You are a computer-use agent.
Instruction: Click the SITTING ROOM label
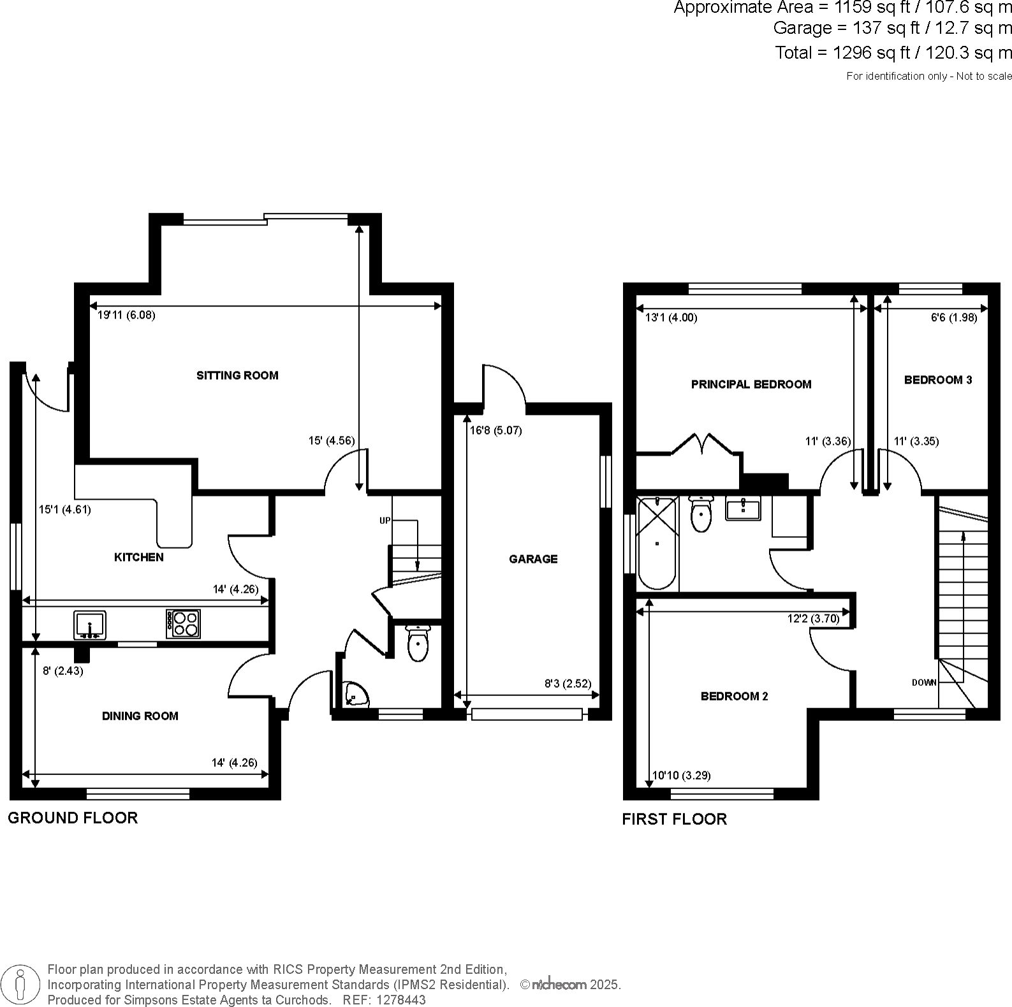(237, 375)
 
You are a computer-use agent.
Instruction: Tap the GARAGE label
(533, 559)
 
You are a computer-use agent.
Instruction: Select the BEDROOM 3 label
(938, 380)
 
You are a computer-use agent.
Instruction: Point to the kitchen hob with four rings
(184, 624)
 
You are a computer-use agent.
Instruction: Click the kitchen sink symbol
(90, 625)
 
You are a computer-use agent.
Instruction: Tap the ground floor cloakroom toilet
(418, 644)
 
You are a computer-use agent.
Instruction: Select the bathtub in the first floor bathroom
(657, 543)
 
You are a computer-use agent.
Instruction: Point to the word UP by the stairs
(385, 521)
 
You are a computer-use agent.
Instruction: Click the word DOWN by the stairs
(924, 683)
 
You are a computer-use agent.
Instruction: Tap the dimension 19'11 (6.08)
(126, 315)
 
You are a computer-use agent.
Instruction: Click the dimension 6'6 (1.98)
(953, 318)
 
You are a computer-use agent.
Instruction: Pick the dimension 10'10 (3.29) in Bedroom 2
(681, 776)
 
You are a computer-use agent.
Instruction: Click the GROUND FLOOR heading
(73, 818)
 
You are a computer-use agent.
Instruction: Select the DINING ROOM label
(140, 716)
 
